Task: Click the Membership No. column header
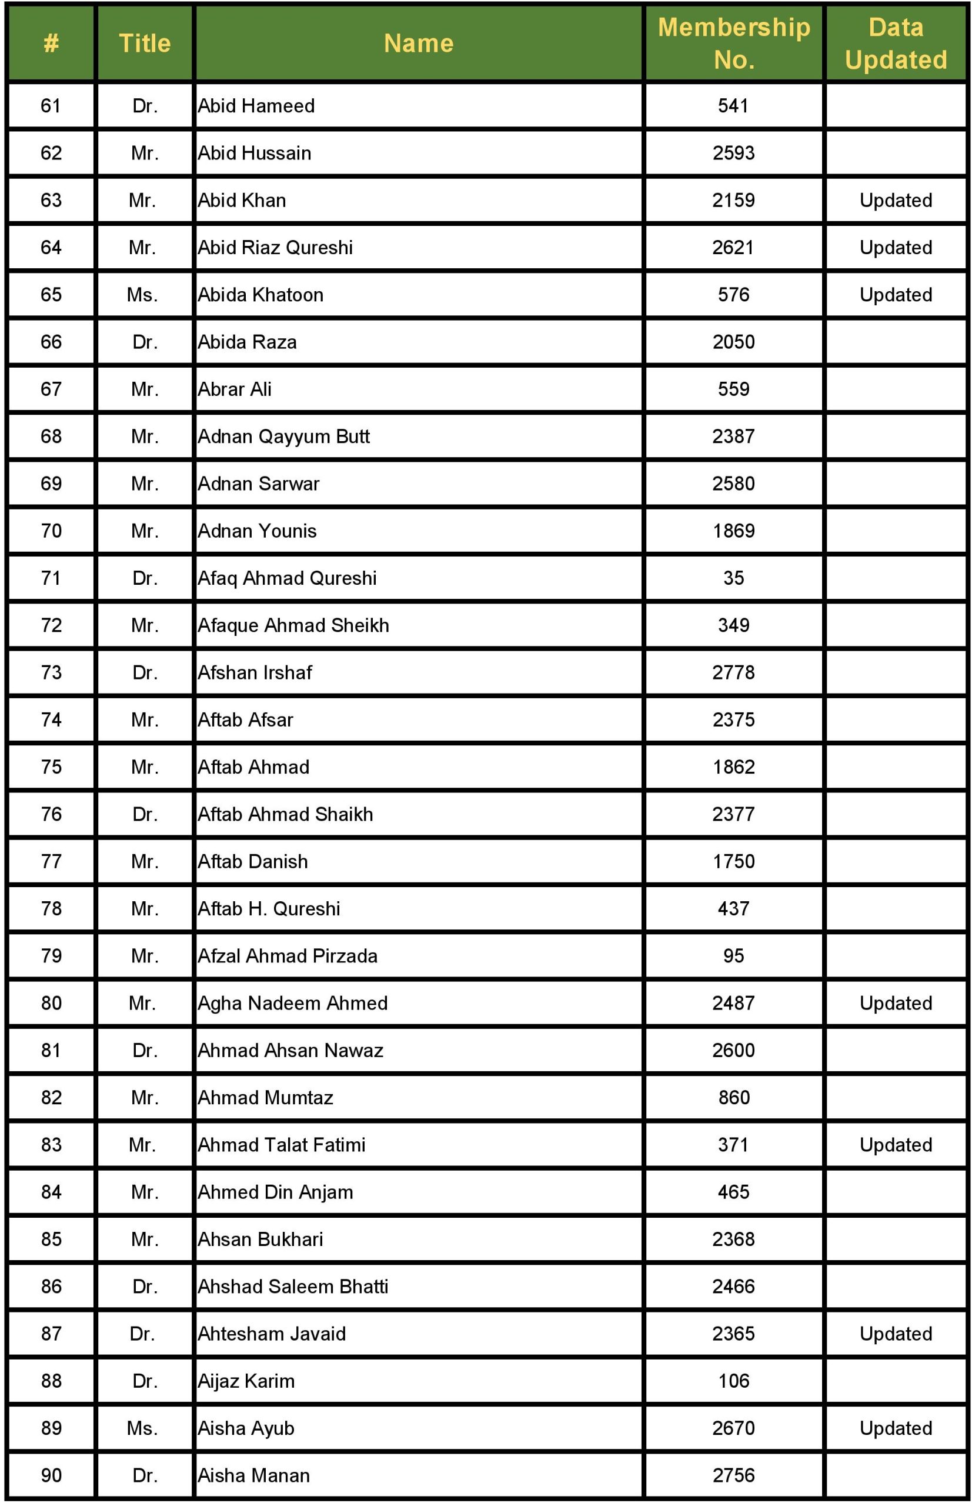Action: tap(733, 43)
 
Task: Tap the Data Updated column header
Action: tap(896, 43)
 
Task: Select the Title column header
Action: tap(145, 43)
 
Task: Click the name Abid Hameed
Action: tap(256, 105)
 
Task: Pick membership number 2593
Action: tap(733, 153)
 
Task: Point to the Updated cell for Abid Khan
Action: tap(896, 200)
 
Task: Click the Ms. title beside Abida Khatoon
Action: tap(142, 295)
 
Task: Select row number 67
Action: tap(51, 389)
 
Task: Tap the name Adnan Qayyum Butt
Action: tap(283, 437)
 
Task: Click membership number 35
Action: tap(733, 578)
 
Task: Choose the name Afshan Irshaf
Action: tap(255, 672)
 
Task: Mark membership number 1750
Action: tap(733, 861)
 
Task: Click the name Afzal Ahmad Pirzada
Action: tap(287, 956)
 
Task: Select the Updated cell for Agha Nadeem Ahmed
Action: tap(896, 1004)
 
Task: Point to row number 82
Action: tap(51, 1098)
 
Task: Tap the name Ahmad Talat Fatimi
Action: tap(282, 1145)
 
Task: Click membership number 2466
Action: tap(733, 1286)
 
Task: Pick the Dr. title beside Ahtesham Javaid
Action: tap(142, 1334)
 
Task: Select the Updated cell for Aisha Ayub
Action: tap(896, 1428)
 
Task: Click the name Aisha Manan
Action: tap(253, 1475)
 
